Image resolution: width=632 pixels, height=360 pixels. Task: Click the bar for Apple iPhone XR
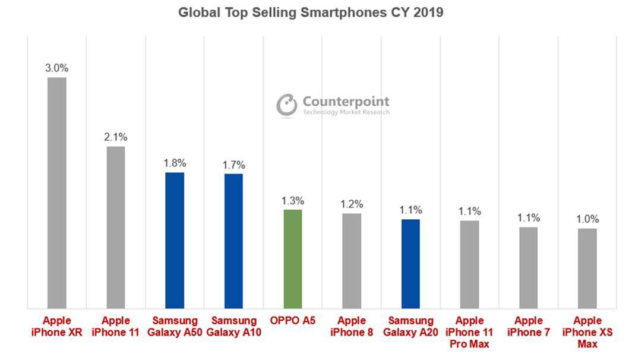tap(57, 193)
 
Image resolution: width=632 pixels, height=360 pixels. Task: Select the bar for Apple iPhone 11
tap(116, 228)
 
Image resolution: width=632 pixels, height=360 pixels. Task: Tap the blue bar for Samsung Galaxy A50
tap(175, 241)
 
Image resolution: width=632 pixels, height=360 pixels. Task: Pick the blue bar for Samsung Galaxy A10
tap(233, 241)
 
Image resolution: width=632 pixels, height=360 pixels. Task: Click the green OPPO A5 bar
tap(292, 259)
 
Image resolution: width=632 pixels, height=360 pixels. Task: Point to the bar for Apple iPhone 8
tap(352, 261)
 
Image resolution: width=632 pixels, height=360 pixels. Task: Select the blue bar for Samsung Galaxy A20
tap(410, 264)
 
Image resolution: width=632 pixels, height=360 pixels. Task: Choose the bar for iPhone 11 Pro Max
tap(469, 264)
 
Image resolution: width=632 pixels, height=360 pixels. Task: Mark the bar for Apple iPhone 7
tap(528, 268)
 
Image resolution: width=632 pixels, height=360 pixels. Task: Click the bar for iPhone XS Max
tap(587, 269)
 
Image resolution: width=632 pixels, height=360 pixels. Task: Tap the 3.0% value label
tap(57, 68)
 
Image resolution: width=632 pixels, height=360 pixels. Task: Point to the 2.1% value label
tap(116, 137)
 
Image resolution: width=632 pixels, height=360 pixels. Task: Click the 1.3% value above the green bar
tap(292, 200)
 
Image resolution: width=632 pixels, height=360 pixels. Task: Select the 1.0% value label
tap(587, 219)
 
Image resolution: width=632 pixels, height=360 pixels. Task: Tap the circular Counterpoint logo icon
tap(287, 105)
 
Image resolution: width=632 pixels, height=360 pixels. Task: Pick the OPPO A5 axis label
tap(292, 321)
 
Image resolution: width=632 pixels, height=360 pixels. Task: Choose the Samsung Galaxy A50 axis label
tap(175, 326)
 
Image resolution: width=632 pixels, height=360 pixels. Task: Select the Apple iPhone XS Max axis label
tap(587, 331)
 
